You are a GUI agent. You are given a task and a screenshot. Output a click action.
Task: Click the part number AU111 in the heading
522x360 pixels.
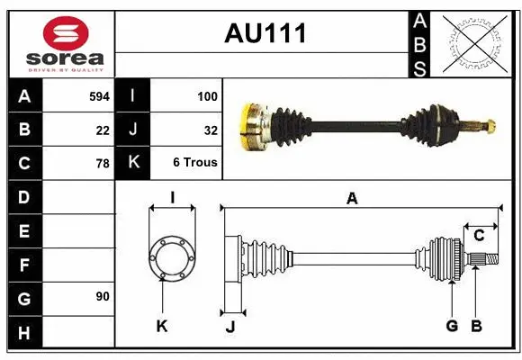(x=265, y=33)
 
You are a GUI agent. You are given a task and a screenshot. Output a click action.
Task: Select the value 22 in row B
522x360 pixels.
(x=103, y=130)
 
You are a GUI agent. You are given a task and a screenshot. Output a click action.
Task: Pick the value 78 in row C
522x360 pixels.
(x=103, y=164)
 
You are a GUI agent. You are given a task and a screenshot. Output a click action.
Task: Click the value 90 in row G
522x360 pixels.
(x=103, y=297)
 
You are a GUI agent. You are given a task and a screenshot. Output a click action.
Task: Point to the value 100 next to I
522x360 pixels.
(x=206, y=95)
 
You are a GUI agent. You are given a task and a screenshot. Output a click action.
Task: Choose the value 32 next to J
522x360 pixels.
(x=211, y=130)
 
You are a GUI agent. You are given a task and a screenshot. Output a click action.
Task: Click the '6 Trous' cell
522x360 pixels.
(x=195, y=164)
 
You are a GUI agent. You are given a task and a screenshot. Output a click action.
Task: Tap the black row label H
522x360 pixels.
(x=24, y=332)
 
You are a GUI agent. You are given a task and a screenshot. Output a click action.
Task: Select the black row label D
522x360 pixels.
(x=24, y=197)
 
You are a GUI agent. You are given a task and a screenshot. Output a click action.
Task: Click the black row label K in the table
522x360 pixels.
(x=132, y=163)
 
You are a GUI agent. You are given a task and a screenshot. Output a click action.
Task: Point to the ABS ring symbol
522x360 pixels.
(x=475, y=43)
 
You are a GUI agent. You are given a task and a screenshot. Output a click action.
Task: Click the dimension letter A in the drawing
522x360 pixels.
(x=352, y=199)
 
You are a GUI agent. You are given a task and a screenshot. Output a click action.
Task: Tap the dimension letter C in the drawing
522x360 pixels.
(x=479, y=236)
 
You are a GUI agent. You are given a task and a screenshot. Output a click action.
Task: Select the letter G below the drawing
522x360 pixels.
(x=451, y=326)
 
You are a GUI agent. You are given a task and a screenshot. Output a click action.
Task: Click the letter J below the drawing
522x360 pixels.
(x=229, y=327)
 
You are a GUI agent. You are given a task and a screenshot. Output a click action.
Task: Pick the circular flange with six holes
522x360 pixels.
(x=171, y=257)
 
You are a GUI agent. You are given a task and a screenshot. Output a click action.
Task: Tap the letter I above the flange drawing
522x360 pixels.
(x=171, y=197)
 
